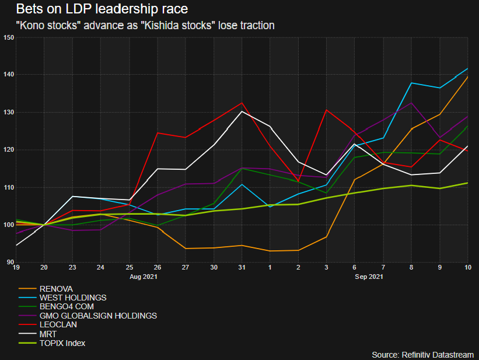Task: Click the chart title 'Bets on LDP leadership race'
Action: [102, 10]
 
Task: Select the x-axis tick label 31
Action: [241, 268]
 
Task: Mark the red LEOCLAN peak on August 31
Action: [241, 103]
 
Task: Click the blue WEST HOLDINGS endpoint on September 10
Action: [467, 69]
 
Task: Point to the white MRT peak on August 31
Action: [241, 111]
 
